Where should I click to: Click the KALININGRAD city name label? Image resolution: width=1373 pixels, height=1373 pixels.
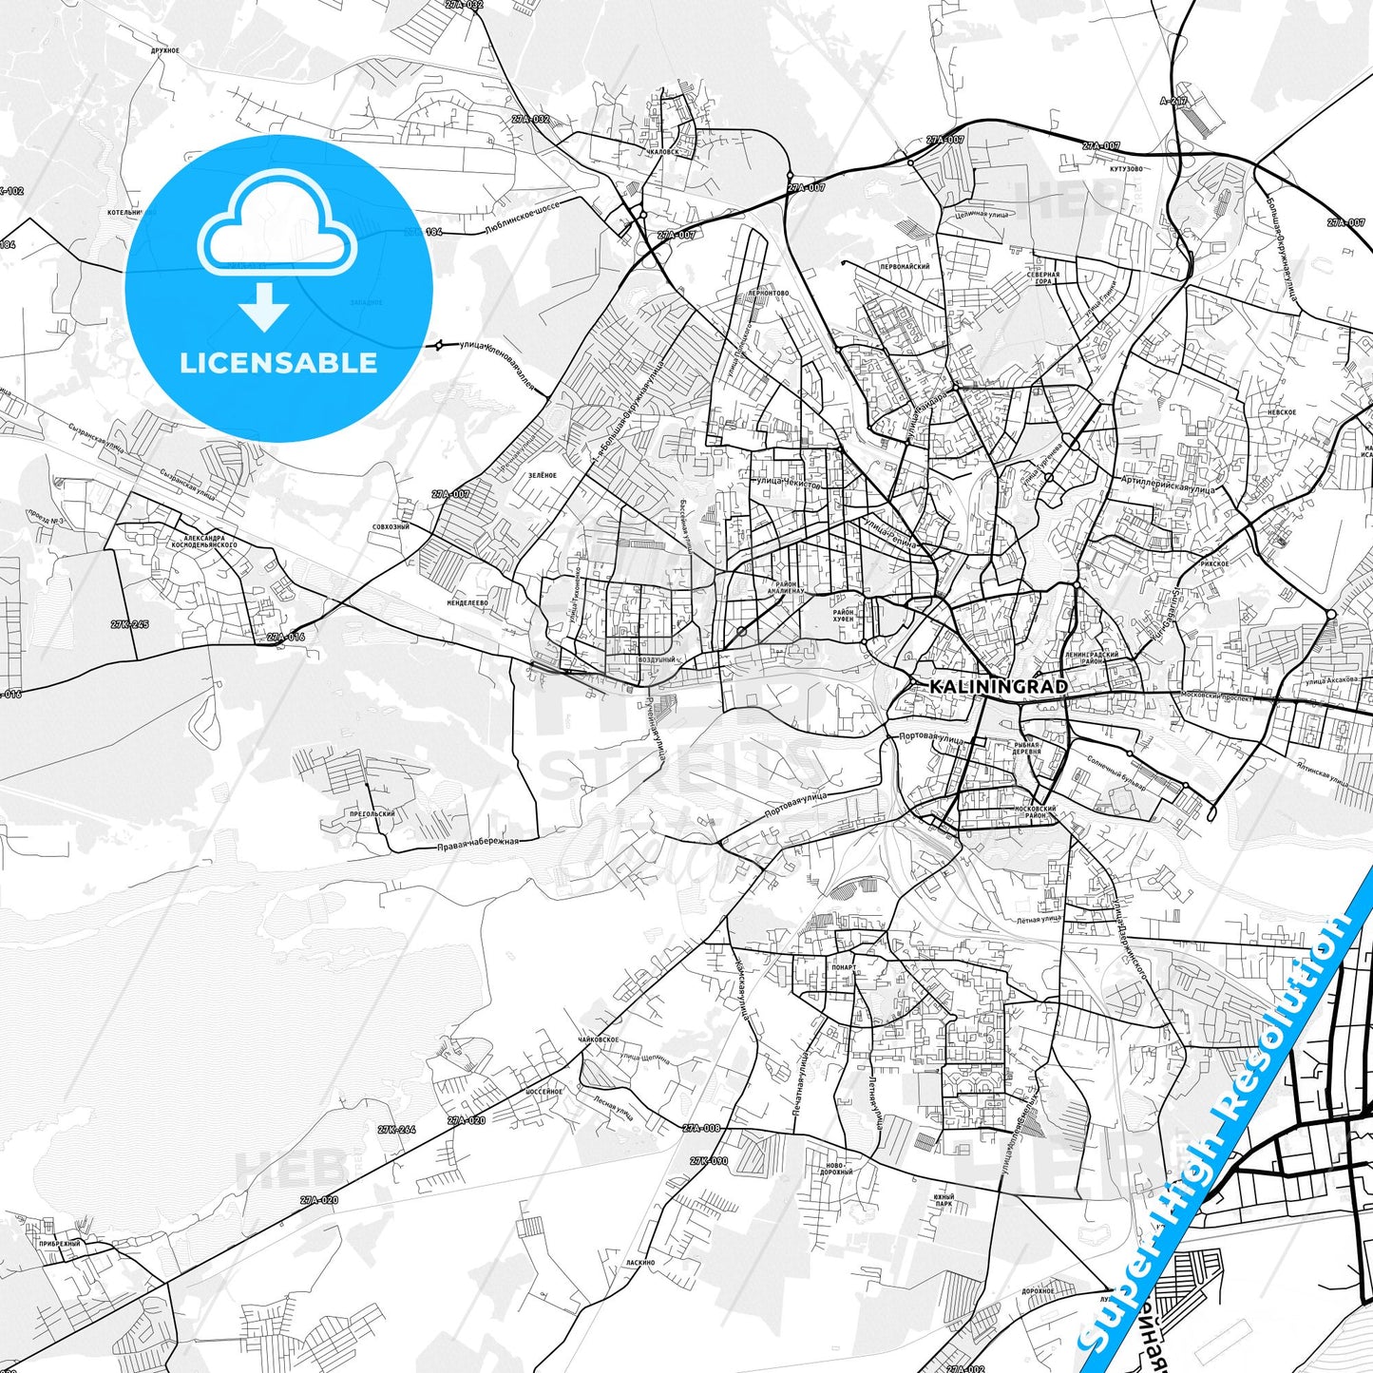(x=984, y=686)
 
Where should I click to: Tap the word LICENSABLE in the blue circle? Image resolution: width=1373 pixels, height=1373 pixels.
(x=278, y=363)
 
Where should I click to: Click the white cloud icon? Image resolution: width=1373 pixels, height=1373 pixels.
(x=277, y=229)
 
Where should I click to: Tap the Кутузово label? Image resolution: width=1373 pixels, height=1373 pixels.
(x=1125, y=169)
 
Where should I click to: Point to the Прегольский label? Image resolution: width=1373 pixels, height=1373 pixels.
(x=372, y=814)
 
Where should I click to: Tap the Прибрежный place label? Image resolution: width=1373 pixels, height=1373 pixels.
(x=61, y=1243)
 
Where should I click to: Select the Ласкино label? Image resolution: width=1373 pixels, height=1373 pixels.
(x=640, y=1263)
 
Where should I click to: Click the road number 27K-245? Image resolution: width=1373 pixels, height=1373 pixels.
(x=129, y=624)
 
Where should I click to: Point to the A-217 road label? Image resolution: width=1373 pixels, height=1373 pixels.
(x=1173, y=100)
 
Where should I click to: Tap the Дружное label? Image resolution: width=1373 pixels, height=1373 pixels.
(x=164, y=49)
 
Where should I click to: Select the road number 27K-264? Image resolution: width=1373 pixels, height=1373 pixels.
(x=396, y=1130)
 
